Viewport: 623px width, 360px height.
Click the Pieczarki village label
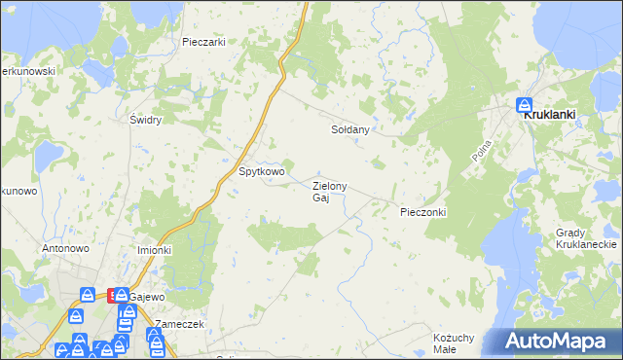click(203, 42)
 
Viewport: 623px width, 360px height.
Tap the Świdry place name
click(145, 120)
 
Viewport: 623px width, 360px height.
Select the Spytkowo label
click(262, 172)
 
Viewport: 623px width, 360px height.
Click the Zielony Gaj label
click(328, 192)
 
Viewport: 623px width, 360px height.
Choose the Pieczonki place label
click(422, 211)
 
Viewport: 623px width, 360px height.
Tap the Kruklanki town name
click(550, 114)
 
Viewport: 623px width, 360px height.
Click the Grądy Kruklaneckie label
click(582, 239)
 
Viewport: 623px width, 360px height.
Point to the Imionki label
click(154, 250)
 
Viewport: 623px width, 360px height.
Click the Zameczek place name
click(179, 324)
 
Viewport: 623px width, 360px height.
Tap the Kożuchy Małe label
click(445, 342)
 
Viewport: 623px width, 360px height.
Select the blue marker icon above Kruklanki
click(524, 103)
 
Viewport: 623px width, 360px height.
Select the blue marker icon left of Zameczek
click(154, 336)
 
